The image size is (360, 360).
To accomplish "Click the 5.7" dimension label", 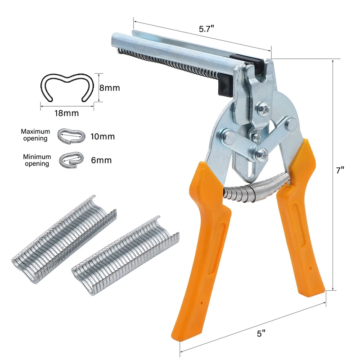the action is click(x=206, y=29).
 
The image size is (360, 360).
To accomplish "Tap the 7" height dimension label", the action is click(x=340, y=171).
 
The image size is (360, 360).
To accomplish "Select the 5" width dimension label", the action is click(x=261, y=333).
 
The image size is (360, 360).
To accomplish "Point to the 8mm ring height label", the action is click(x=109, y=88).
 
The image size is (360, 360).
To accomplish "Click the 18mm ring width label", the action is click(x=67, y=113).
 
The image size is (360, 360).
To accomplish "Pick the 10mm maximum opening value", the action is click(x=103, y=137).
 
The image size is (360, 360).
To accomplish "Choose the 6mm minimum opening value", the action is click(x=101, y=160).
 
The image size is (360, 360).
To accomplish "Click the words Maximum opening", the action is click(x=36, y=135).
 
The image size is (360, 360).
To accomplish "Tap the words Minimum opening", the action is click(x=37, y=160).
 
